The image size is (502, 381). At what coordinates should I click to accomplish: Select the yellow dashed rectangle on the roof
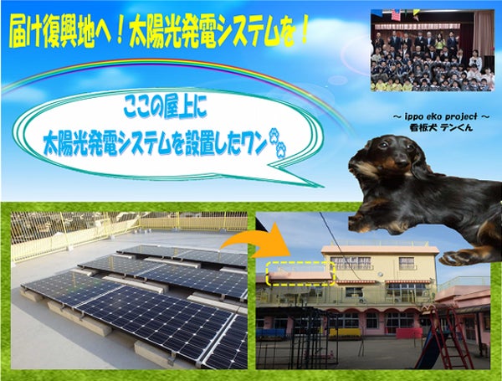click(x=300, y=273)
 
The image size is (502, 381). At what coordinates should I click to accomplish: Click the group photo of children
click(x=433, y=50)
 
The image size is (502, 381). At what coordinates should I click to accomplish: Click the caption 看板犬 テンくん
click(x=442, y=127)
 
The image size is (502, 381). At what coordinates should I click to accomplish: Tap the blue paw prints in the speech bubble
click(x=277, y=143)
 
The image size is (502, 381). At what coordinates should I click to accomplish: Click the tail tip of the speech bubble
click(x=324, y=187)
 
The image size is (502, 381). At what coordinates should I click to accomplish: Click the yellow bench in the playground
click(x=345, y=332)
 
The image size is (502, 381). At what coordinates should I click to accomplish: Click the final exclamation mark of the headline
click(x=302, y=34)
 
